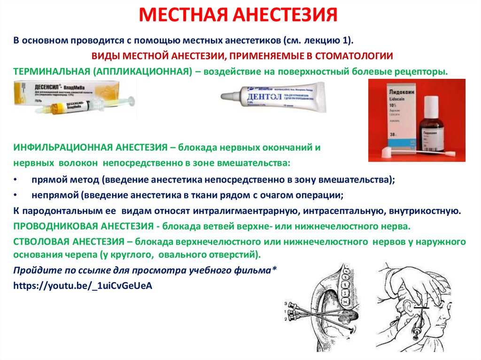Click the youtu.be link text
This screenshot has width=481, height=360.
pyautogui.click(x=83, y=285)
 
